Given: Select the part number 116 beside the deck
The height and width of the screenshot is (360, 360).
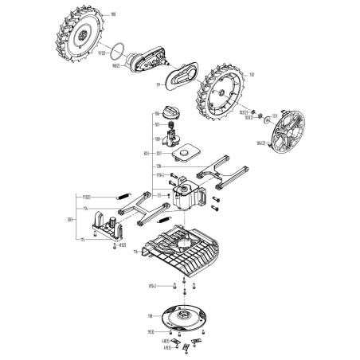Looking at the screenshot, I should (x=135, y=252).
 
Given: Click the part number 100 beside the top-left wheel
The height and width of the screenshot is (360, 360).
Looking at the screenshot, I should (x=112, y=14).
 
